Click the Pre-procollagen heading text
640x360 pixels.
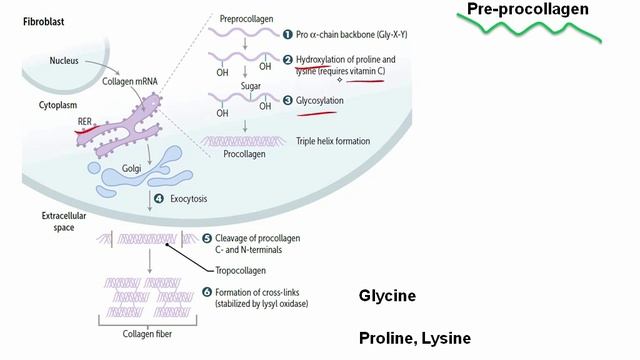click(527, 9)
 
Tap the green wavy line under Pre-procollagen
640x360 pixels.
click(531, 31)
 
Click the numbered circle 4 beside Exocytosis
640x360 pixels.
click(157, 199)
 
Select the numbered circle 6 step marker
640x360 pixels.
click(207, 292)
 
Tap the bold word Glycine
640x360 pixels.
click(387, 296)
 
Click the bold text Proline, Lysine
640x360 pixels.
click(414, 338)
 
